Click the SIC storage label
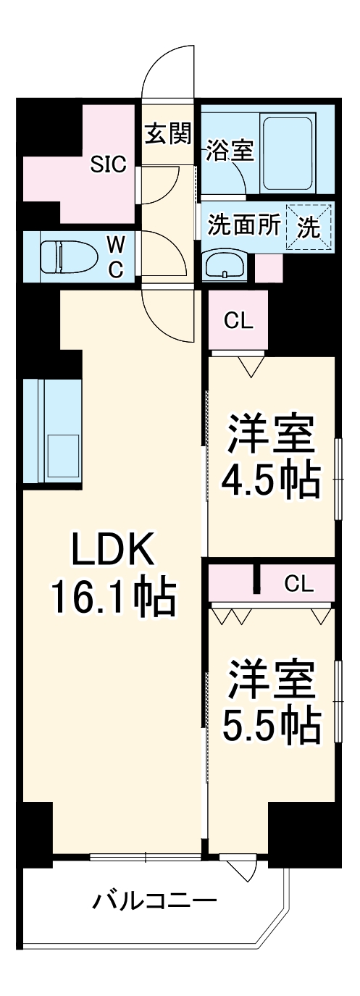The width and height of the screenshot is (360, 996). point(108,164)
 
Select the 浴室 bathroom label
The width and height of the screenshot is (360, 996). point(229,151)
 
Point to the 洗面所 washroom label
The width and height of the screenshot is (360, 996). point(243,225)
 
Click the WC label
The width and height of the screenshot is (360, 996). point(116,256)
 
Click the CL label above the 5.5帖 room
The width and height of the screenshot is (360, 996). point(298,583)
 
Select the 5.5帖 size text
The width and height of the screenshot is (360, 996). point(271,724)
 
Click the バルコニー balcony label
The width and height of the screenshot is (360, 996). point(154,902)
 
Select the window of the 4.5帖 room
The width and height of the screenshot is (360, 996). point(337,478)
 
